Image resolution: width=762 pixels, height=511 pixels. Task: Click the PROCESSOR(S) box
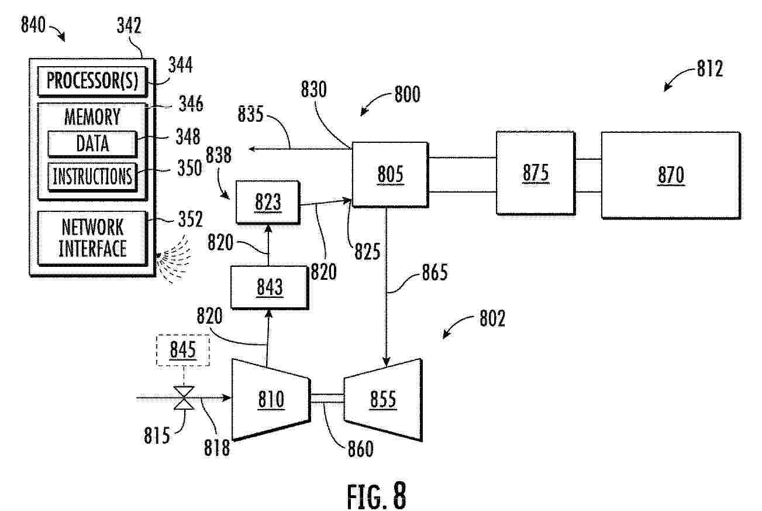92,81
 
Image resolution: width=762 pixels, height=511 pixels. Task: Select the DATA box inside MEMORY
92,143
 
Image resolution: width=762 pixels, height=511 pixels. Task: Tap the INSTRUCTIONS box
92,176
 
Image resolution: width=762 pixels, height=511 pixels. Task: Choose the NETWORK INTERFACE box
92,238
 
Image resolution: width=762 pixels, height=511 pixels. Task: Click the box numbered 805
390,174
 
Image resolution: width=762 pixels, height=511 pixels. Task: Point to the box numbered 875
536,173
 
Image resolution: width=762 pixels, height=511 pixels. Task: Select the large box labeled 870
671,175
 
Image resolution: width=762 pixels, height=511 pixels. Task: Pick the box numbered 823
268,202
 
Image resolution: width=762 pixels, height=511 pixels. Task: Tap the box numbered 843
270,287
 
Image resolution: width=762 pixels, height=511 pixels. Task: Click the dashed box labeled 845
183,350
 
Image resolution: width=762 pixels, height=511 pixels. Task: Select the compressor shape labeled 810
271,399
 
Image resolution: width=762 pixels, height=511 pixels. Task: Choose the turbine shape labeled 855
384,399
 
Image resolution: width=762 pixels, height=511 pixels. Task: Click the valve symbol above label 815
184,397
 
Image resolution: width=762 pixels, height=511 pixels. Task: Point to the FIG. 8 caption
377,496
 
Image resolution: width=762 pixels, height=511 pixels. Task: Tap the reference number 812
710,68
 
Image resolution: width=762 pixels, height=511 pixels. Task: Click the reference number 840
33,25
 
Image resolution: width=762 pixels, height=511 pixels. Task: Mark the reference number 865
435,272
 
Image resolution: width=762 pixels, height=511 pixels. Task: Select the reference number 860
361,449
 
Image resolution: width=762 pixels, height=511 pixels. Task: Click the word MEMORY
92,116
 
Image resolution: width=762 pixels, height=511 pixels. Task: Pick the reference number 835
251,114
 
